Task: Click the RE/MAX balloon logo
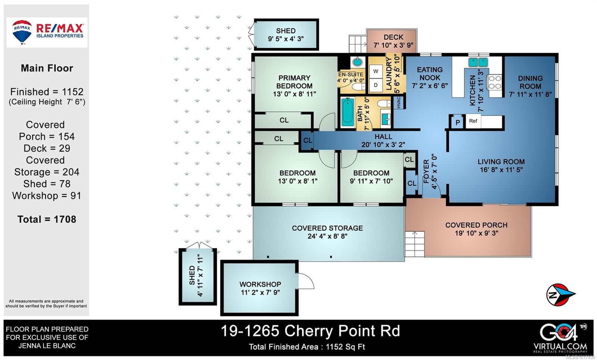(22, 32)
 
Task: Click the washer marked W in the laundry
(376, 71)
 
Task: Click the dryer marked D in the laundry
(376, 85)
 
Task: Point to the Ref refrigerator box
(473, 121)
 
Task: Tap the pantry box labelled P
(457, 122)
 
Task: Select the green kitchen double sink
(478, 62)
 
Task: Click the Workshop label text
(260, 284)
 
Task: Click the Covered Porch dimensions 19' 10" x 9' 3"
(476, 233)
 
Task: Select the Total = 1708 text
(47, 219)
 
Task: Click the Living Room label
(501, 162)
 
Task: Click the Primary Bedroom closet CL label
(284, 120)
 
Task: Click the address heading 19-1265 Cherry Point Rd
(310, 331)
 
